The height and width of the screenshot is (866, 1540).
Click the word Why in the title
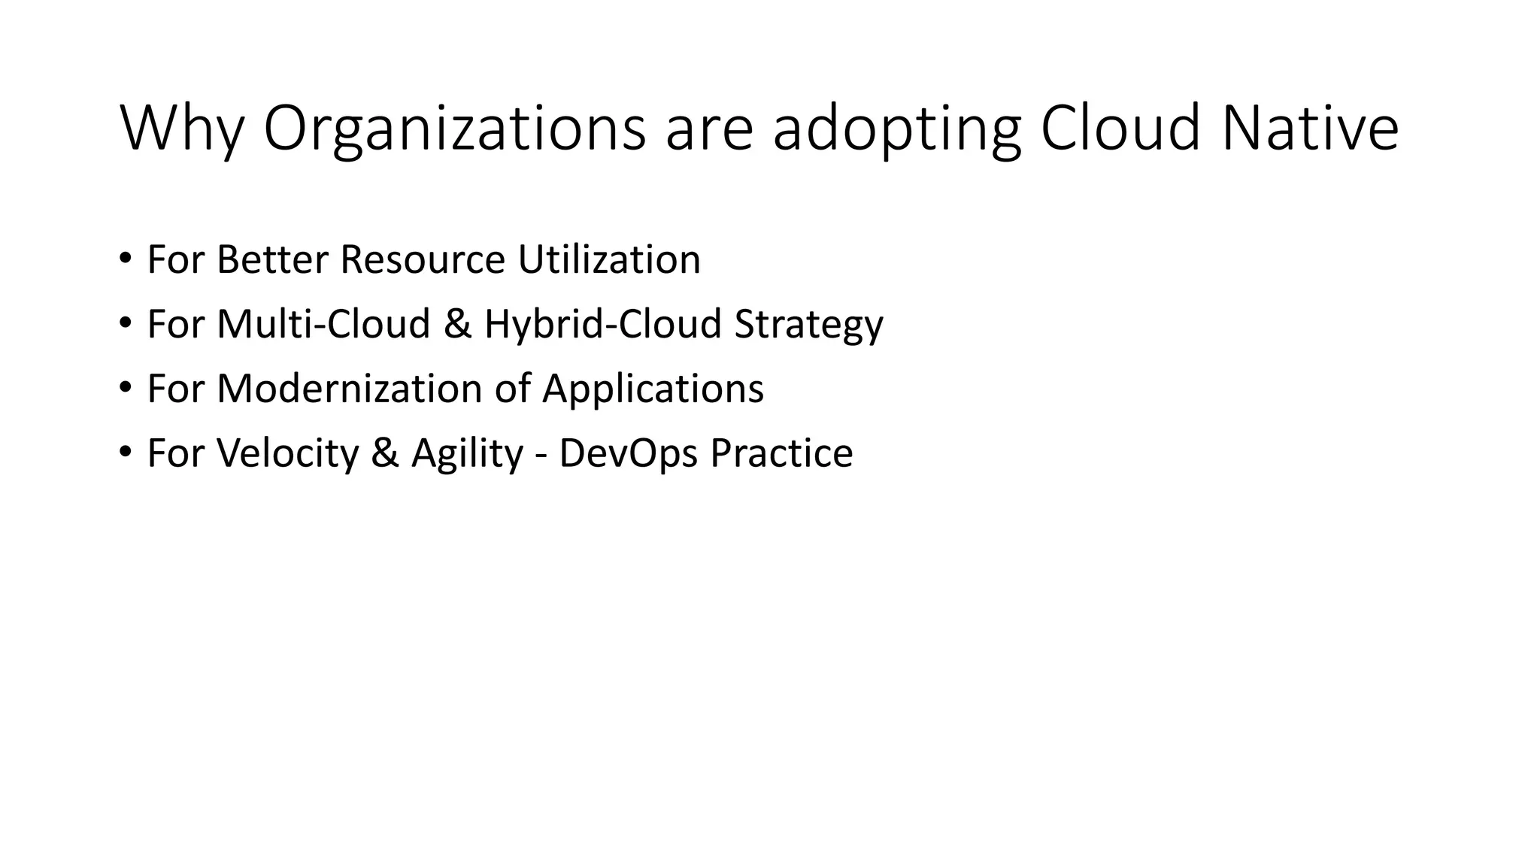pyautogui.click(x=181, y=129)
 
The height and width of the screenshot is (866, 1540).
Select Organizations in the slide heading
pyautogui.click(x=454, y=129)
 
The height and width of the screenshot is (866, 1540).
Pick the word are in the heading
pyautogui.click(x=709, y=129)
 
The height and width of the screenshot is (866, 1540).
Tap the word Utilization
pyautogui.click(x=609, y=259)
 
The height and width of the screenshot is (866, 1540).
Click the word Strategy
pyautogui.click(x=808, y=326)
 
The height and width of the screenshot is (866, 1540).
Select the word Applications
pyautogui.click(x=653, y=390)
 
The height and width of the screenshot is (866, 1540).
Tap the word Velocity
pyautogui.click(x=288, y=453)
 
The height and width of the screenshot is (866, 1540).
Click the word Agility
pyautogui.click(x=467, y=453)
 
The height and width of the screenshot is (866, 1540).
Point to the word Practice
pyautogui.click(x=781, y=453)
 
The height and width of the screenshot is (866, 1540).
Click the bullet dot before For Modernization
pyautogui.click(x=125, y=389)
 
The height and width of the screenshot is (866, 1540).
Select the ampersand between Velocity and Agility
pyautogui.click(x=385, y=453)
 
